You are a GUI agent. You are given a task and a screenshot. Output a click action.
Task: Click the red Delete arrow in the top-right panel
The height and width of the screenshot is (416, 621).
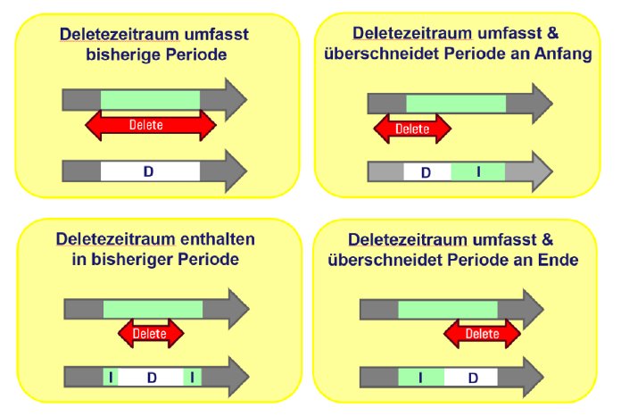412,129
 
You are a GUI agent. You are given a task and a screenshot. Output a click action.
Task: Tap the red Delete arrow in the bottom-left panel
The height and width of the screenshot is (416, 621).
150,334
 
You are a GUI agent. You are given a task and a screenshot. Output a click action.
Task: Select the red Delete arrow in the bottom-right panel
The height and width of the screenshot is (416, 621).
483,335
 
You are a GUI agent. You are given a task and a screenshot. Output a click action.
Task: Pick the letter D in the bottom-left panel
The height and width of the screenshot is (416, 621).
152,378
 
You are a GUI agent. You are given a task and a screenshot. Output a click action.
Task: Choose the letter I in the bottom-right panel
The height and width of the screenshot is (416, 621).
420,378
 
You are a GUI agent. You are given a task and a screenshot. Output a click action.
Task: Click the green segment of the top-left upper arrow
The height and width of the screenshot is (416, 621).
150,97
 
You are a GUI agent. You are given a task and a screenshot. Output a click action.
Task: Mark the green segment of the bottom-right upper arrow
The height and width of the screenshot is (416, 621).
447,309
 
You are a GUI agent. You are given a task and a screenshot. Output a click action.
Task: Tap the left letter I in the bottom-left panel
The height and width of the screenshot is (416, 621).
110,378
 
